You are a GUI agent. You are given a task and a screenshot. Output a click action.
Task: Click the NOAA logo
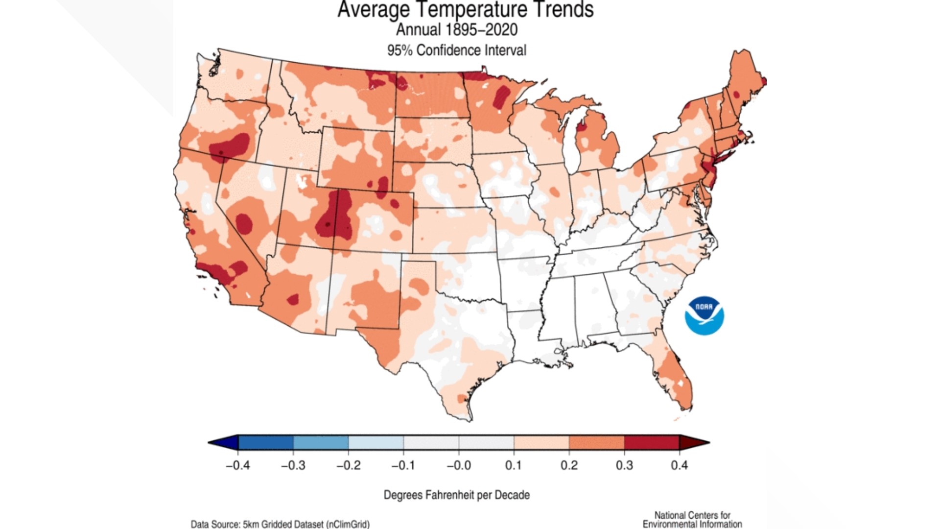(704, 316)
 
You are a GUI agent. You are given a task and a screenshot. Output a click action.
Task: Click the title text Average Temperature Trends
(465, 10)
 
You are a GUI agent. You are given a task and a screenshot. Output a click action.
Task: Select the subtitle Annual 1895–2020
(456, 30)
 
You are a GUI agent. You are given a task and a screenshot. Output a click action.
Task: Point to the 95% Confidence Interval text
(456, 50)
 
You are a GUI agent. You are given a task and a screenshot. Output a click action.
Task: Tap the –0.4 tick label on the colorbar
(237, 465)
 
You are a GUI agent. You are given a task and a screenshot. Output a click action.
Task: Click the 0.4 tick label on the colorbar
(679, 465)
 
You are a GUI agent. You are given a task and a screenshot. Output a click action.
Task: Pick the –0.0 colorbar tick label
(458, 465)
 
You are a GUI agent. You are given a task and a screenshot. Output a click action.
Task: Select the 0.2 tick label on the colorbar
(569, 465)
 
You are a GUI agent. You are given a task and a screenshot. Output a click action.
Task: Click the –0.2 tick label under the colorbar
(348, 465)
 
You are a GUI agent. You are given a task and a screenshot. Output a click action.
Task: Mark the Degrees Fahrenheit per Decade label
(456, 495)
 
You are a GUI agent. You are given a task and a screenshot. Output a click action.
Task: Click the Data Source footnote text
(280, 524)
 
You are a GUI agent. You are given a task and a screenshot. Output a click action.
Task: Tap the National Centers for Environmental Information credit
(692, 520)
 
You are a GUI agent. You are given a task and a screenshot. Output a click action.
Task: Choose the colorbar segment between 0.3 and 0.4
(651, 442)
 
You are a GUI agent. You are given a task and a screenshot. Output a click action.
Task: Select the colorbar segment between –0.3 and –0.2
(321, 442)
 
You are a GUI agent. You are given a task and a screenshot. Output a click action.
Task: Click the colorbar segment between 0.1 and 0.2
(541, 442)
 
